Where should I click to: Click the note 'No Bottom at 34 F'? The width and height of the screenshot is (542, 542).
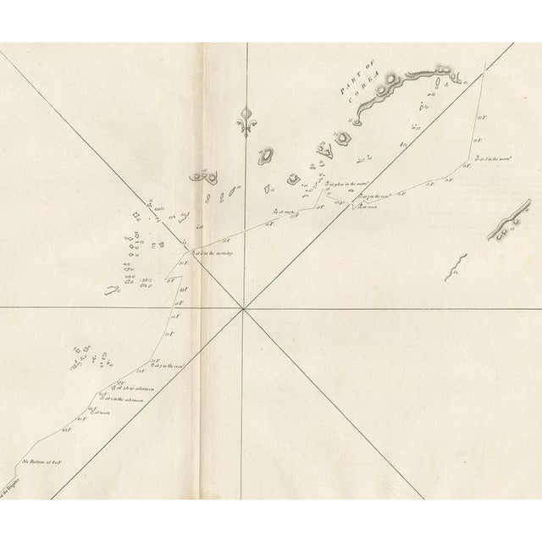coord(44,462)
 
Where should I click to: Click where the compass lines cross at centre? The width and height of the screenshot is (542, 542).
coord(244,308)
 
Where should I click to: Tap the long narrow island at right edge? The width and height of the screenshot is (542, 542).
coord(511,222)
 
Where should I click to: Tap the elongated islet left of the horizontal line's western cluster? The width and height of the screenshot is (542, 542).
coord(111,290)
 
